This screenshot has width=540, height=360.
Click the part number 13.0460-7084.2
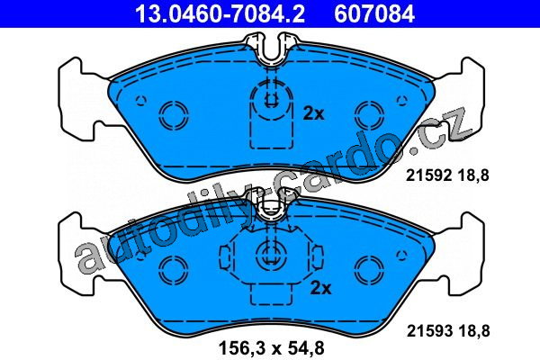point(220,13)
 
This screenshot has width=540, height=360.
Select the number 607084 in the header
point(374,13)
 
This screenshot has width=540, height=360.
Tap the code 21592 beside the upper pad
point(428,175)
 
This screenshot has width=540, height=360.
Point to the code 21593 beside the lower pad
point(429,331)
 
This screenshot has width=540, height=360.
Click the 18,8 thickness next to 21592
point(473,175)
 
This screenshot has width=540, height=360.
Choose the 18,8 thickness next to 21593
point(474,331)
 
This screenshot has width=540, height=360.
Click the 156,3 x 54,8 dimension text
point(272,348)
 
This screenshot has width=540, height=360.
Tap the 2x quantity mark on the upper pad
point(313,113)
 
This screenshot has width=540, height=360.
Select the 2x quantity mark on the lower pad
point(320,288)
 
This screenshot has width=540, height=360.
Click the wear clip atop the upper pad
point(271,49)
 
